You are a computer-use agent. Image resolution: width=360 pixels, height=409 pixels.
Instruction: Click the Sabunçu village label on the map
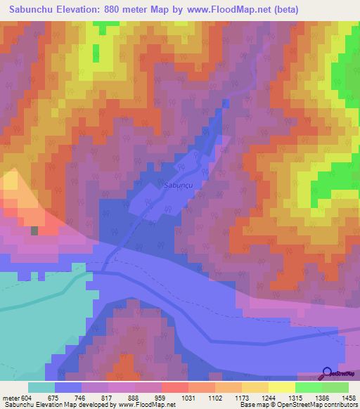[176, 187]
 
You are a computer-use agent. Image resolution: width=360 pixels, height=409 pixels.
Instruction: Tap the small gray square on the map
[34, 230]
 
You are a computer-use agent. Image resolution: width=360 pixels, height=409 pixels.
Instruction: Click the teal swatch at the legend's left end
[41, 387]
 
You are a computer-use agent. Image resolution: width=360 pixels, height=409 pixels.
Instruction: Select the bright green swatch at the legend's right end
[335, 387]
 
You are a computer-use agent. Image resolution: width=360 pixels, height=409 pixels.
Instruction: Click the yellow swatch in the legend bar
[281, 387]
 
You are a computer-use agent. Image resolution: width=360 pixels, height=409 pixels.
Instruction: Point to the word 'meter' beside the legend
[11, 397]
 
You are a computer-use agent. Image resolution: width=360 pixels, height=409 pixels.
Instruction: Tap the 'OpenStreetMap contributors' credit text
[321, 405]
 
